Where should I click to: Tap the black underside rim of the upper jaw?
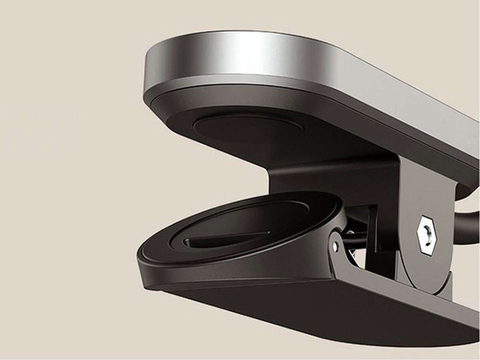coord(225,109)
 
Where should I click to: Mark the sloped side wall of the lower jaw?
coord(225,277)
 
